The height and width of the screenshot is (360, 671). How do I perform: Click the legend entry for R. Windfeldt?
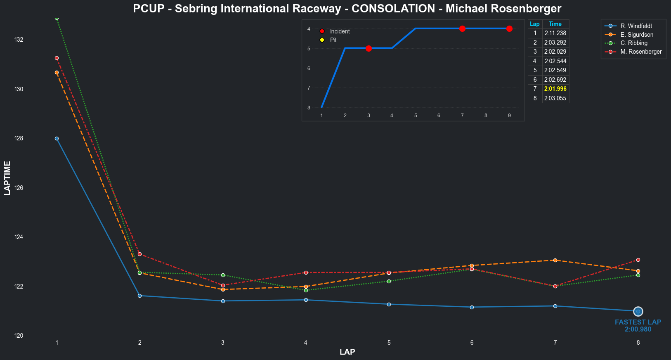(x=636, y=26)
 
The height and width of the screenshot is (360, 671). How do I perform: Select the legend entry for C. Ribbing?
(x=634, y=43)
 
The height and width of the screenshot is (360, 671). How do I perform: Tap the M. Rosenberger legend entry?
(x=641, y=52)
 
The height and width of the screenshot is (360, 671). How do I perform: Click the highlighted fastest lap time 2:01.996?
(x=555, y=89)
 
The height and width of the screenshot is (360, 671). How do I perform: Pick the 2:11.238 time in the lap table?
(x=555, y=33)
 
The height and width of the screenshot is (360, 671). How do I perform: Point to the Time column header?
(x=555, y=24)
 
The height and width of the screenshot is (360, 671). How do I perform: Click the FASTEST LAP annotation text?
(x=638, y=322)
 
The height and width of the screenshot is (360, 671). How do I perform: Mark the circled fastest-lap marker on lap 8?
(x=638, y=311)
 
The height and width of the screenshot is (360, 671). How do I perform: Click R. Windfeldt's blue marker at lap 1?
(x=57, y=138)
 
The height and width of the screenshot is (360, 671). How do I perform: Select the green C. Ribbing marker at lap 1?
(x=57, y=18)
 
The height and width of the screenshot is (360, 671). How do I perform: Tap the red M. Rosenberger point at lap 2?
(x=139, y=254)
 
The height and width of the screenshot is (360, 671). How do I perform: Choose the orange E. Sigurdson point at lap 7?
(x=555, y=260)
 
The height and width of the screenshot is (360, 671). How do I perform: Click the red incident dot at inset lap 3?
(x=369, y=48)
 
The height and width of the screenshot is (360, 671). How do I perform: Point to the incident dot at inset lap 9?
(x=509, y=28)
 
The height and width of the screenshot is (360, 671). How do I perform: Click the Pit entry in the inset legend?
(x=333, y=40)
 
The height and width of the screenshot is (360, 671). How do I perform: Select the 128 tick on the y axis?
(x=19, y=138)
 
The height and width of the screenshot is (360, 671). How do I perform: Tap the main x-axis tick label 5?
(x=389, y=343)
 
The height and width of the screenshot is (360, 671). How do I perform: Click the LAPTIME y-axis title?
(x=7, y=178)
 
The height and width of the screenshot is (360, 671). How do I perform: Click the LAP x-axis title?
(x=347, y=352)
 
